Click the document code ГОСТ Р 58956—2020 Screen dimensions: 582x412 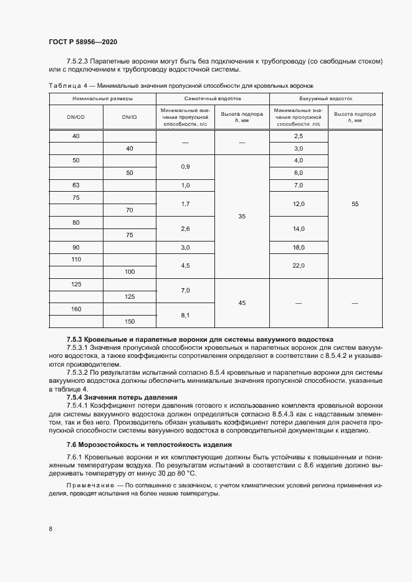(x=82, y=42)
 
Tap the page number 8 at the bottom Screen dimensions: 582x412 (x=50, y=528)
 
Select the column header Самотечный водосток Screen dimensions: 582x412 (x=213, y=98)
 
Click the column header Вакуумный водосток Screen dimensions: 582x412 (x=325, y=98)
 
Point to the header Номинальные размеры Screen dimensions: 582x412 (x=102, y=98)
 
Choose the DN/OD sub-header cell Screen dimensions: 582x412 (x=76, y=116)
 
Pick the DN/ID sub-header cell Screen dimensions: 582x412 (x=129, y=116)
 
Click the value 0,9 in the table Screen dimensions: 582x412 (x=184, y=167)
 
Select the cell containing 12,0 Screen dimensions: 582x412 (x=298, y=204)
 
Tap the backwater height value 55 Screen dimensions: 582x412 (x=355, y=204)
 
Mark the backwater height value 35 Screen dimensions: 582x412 (x=242, y=217)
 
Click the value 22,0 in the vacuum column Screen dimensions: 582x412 (x=298, y=266)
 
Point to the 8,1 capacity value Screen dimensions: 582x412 (x=184, y=316)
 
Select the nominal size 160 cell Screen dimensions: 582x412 (x=76, y=309)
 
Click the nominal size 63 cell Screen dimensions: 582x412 (x=76, y=185)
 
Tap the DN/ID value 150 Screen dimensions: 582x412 (x=129, y=322)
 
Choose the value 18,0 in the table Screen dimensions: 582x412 (x=298, y=248)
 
